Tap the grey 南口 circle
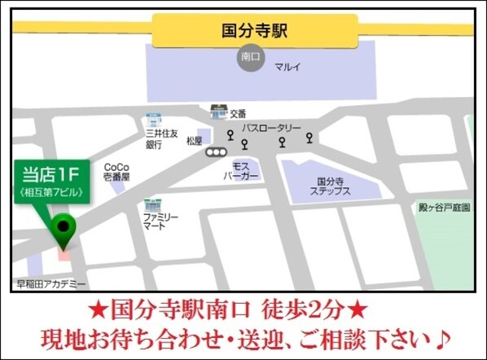pyautogui.click(x=249, y=57)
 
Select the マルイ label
pyautogui.click(x=287, y=66)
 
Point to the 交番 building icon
pyautogui.click(x=217, y=112)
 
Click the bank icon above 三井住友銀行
pyautogui.click(x=152, y=119)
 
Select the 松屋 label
pyautogui.click(x=194, y=141)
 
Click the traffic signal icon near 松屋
pyautogui.click(x=216, y=151)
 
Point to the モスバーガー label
pyautogui.click(x=240, y=170)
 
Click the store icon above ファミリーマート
pyautogui.click(x=150, y=204)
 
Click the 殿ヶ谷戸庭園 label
pyautogui.click(x=443, y=208)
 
